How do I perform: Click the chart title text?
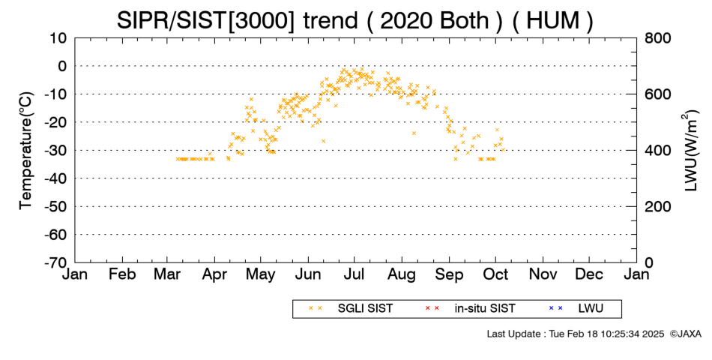pyautogui.click(x=355, y=21)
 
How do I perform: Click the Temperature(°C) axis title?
pyautogui.click(x=26, y=151)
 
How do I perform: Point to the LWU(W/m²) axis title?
pyautogui.click(x=690, y=151)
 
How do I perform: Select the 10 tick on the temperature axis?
pyautogui.click(x=58, y=38)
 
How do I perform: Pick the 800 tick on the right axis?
pyautogui.click(x=657, y=38)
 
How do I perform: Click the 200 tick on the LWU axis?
pyautogui.click(x=657, y=207)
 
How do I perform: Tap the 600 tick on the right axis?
pyautogui.click(x=657, y=94)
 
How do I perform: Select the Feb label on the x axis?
pyautogui.click(x=122, y=274)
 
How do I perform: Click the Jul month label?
pyautogui.click(x=355, y=274)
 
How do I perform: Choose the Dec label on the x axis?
pyautogui.click(x=589, y=274)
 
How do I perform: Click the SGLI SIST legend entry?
pyautogui.click(x=351, y=309)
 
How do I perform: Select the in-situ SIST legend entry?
pyautogui.click(x=469, y=309)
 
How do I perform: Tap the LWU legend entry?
pyautogui.click(x=576, y=309)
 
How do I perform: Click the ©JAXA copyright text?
pyautogui.click(x=685, y=334)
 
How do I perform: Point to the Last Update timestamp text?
pyautogui.click(x=576, y=334)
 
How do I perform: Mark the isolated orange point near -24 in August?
pyautogui.click(x=414, y=133)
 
